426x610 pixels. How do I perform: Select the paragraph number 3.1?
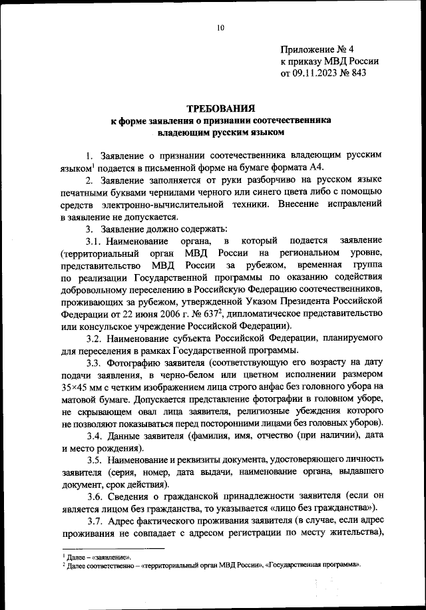coord(95,240)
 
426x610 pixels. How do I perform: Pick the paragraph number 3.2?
coord(95,337)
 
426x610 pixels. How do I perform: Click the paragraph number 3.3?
coord(95,363)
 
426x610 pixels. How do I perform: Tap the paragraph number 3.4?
coord(95,436)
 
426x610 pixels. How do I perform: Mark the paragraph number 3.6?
coord(95,496)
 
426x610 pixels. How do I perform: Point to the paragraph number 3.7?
coord(95,520)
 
